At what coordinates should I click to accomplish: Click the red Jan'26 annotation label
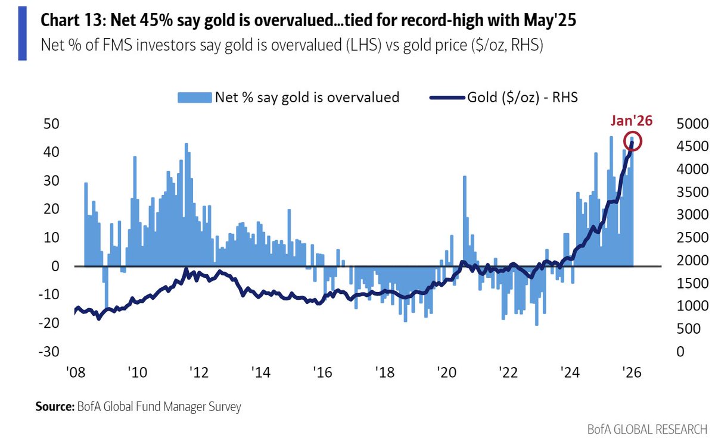click(x=631, y=121)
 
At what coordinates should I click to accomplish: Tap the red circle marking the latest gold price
click(x=633, y=142)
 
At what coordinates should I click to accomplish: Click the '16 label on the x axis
click(x=322, y=374)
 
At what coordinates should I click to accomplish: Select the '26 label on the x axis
click(x=630, y=374)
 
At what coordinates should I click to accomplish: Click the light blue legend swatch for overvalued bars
click(x=194, y=98)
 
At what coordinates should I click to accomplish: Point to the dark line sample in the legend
click(x=447, y=98)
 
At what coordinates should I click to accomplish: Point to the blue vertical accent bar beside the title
click(x=22, y=33)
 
